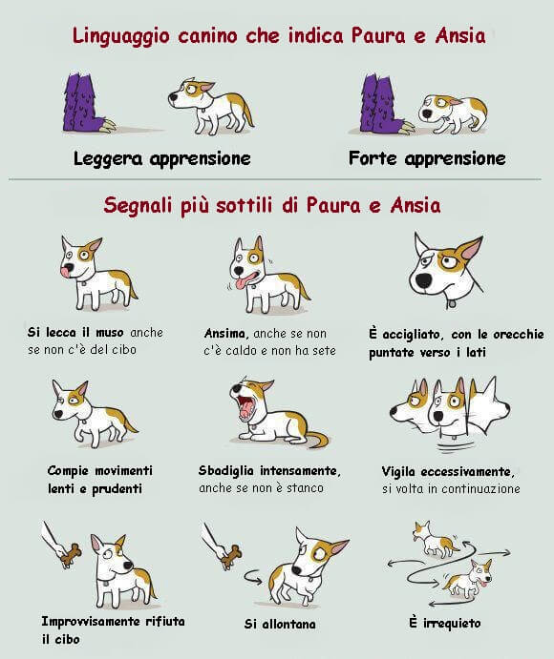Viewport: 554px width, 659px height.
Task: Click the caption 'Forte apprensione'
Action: pyautogui.click(x=426, y=158)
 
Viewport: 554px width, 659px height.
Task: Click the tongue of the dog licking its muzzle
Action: pyautogui.click(x=65, y=272)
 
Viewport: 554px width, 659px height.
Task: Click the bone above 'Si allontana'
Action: pyautogui.click(x=228, y=554)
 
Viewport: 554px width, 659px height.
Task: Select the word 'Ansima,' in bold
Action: pyautogui.click(x=227, y=334)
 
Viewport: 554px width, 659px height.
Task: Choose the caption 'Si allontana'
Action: pyautogui.click(x=279, y=625)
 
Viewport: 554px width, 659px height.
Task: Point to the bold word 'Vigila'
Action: pyautogui.click(x=402, y=471)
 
